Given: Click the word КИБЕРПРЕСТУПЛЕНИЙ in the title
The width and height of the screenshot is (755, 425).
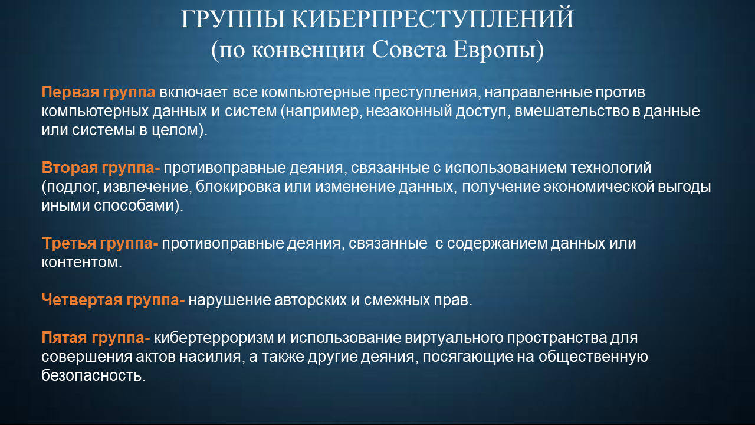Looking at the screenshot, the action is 432,19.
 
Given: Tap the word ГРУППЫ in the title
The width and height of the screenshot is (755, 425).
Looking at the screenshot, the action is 233,20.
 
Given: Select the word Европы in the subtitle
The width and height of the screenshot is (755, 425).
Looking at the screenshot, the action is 498,51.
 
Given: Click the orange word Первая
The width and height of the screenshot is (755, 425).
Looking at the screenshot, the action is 70,93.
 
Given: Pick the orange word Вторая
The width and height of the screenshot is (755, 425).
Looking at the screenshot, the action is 70,168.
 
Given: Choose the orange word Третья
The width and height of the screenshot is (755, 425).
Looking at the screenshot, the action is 69,244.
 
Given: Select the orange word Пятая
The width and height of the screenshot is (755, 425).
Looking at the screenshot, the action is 64,338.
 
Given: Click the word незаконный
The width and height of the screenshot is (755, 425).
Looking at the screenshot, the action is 409,112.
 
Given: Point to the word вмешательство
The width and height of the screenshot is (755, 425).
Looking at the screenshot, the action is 572,112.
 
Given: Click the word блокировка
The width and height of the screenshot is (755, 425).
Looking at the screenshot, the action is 238,187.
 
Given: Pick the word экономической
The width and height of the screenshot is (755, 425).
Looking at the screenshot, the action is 599,187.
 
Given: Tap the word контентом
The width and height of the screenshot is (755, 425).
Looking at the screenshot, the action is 81,263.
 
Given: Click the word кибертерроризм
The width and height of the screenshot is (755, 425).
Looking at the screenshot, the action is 214,338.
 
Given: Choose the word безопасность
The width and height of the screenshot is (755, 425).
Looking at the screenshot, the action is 93,375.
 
